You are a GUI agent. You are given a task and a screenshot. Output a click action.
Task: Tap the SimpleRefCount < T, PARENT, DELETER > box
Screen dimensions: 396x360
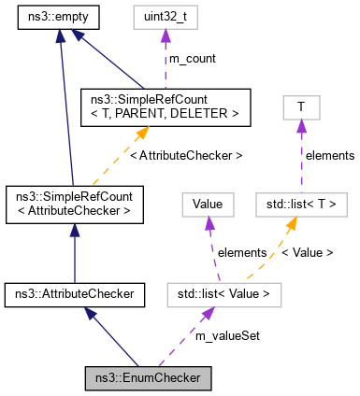point(165,106)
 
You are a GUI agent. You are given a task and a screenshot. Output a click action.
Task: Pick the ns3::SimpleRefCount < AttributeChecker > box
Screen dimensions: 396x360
point(74,204)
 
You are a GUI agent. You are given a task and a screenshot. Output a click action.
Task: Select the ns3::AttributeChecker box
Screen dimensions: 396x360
point(74,294)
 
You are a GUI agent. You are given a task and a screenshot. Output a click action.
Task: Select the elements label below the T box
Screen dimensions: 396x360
point(330,155)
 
